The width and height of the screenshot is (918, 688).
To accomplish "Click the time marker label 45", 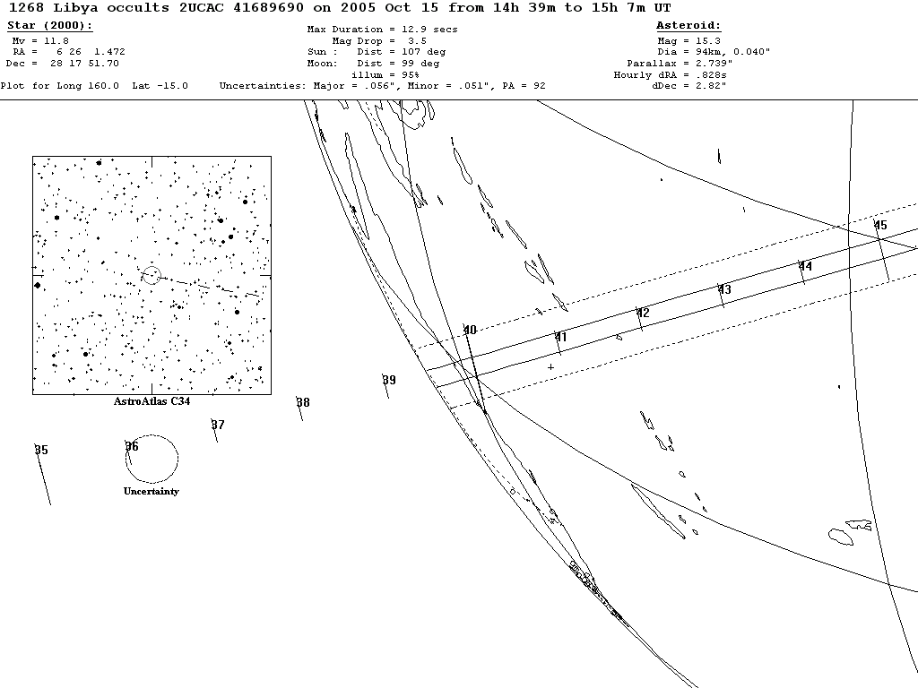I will [x=880, y=225].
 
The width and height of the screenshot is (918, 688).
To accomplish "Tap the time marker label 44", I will [x=805, y=266].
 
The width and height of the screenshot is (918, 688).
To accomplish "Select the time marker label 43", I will [x=724, y=289].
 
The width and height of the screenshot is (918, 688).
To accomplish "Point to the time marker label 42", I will [x=643, y=313].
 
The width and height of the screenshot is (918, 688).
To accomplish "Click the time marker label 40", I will [x=470, y=331].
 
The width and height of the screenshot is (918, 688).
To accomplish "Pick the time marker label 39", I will [x=389, y=380].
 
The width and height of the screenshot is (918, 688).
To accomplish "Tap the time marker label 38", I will [x=303, y=402].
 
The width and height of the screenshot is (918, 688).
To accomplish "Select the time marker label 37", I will [x=218, y=425].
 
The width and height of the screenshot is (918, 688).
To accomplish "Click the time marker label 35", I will [x=41, y=450].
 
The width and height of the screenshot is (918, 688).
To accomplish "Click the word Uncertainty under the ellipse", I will [x=151, y=491].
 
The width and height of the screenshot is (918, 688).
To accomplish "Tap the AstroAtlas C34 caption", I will [x=152, y=401].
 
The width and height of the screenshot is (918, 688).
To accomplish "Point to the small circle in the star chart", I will [x=151, y=275].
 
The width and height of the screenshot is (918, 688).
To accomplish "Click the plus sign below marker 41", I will [x=550, y=366].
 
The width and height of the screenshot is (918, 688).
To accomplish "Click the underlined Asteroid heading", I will [x=688, y=26].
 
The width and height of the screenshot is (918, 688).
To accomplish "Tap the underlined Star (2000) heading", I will [x=49, y=26].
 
